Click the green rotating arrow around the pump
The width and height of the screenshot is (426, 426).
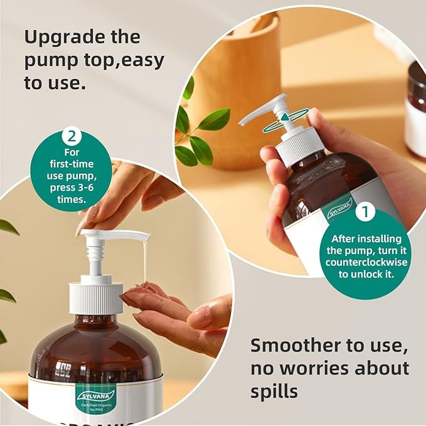pos(286,119)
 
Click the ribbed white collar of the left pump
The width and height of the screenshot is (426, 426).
pos(95,297)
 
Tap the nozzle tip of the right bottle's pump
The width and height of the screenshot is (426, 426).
pos(243,122)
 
